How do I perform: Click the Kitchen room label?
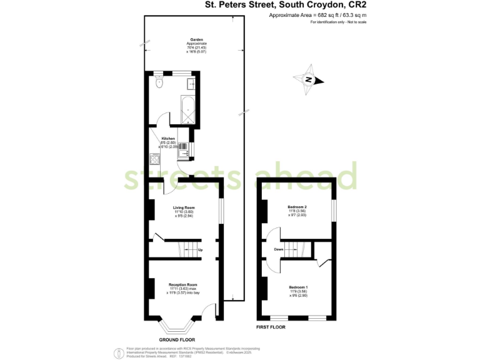tap(168, 138)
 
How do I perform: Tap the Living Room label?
tap(184, 207)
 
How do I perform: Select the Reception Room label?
tap(183, 284)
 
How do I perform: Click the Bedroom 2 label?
tap(297, 207)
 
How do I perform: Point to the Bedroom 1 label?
tap(297, 287)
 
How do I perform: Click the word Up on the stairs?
tap(200, 251)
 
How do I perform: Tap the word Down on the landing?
tap(279, 250)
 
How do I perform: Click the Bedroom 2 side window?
tap(334, 209)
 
